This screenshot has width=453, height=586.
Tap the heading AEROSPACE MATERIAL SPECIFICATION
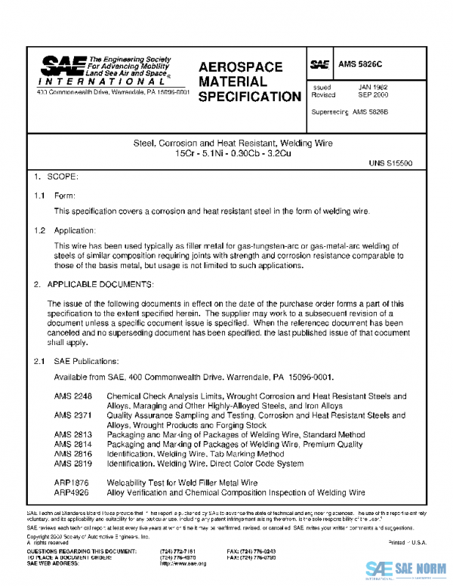click(x=248, y=81)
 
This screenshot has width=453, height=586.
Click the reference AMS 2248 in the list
click(x=72, y=396)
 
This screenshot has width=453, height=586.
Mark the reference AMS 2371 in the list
click(x=72, y=415)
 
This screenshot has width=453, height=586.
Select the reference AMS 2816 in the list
click(x=72, y=455)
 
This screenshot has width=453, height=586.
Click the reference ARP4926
click(x=71, y=492)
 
